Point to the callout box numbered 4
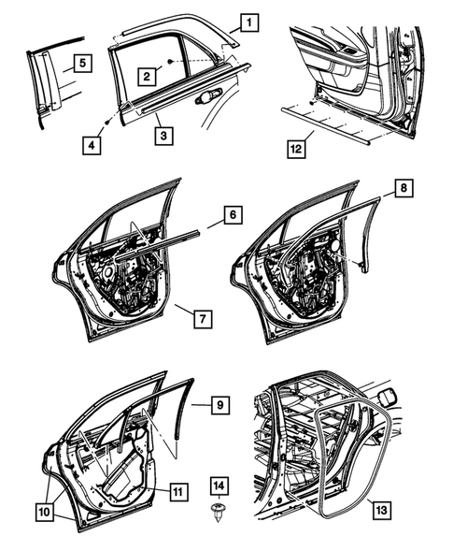[x=92, y=145]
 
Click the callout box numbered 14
[x=218, y=486]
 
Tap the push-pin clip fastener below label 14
[x=218, y=512]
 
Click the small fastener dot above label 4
[x=110, y=121]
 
